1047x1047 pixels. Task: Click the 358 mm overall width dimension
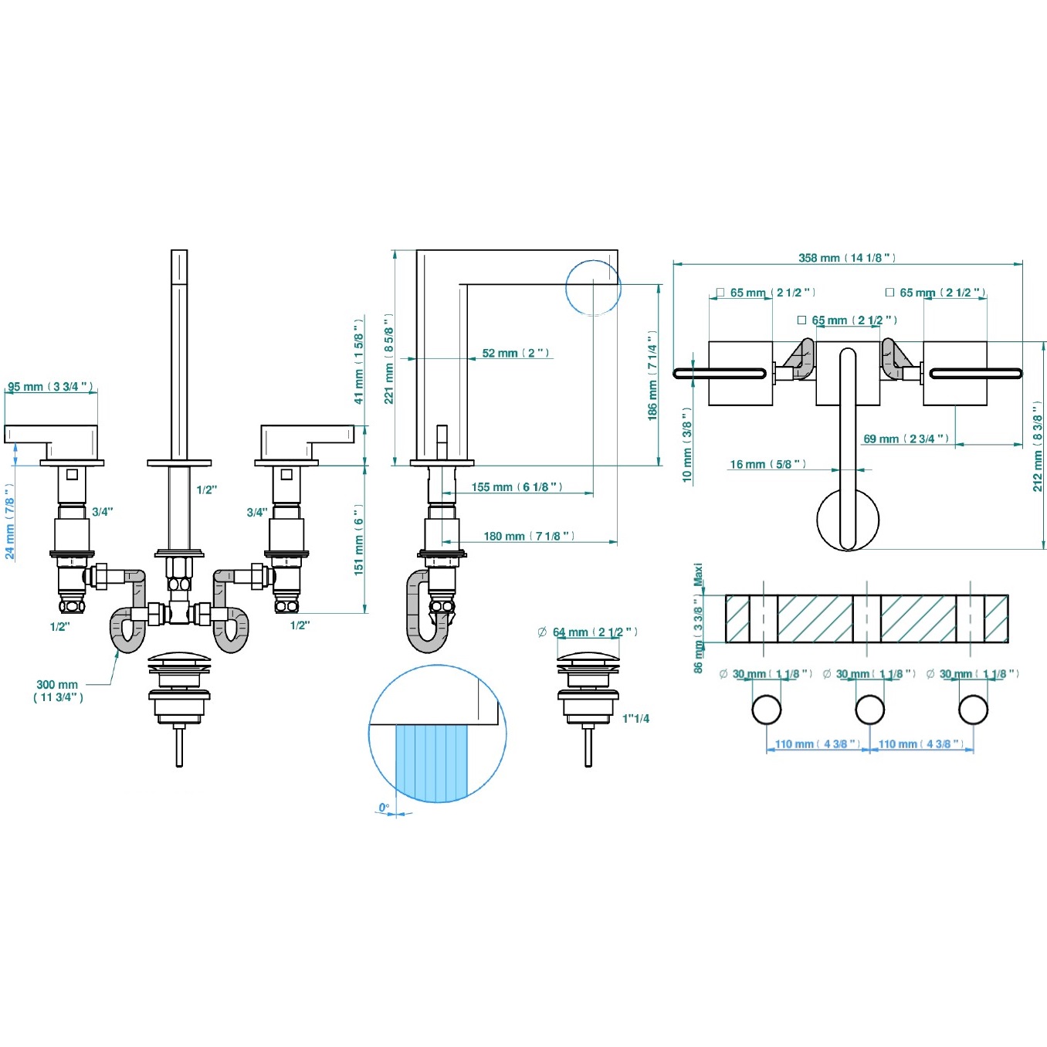pos(847,258)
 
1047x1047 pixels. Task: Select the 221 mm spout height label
pos(389,358)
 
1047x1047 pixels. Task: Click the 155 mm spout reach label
pos(517,487)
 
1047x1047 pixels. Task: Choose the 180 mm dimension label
pos(529,537)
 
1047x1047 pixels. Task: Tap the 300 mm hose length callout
pos(58,690)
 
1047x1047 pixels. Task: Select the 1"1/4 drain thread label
pos(635,719)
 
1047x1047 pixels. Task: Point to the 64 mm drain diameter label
pos(588,632)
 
